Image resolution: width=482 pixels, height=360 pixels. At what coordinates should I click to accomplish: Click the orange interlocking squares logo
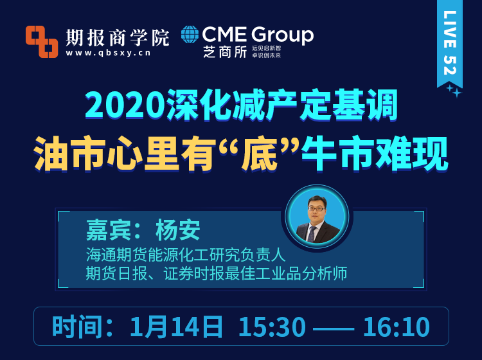[x=42, y=42]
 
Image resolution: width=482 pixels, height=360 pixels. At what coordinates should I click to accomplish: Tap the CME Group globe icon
[x=190, y=34]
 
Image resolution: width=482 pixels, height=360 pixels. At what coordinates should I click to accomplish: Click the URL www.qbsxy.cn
[x=108, y=53]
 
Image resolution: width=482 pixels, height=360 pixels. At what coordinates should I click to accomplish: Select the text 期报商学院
[x=118, y=37]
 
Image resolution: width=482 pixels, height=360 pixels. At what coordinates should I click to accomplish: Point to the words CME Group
[x=258, y=35]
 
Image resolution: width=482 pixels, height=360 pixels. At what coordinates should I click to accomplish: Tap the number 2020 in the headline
[x=125, y=105]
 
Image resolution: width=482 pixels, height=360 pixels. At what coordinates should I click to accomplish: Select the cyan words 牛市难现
[x=375, y=153]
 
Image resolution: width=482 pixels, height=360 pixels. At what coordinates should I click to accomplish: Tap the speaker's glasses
[x=317, y=209]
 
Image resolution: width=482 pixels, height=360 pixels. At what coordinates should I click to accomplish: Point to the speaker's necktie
[x=312, y=233]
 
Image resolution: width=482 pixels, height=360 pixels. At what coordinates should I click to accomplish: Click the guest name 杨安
[x=178, y=230]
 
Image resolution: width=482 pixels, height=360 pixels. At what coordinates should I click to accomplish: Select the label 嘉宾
[x=109, y=230]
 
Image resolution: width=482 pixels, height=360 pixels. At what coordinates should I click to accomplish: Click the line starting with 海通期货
[x=186, y=255]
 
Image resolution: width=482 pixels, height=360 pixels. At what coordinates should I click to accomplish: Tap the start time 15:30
[x=272, y=327]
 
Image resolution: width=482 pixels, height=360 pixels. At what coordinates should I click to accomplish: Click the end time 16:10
[x=397, y=327]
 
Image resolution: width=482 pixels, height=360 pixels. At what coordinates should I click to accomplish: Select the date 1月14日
[x=176, y=327]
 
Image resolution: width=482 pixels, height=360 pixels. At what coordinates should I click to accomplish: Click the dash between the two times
[x=334, y=328]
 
